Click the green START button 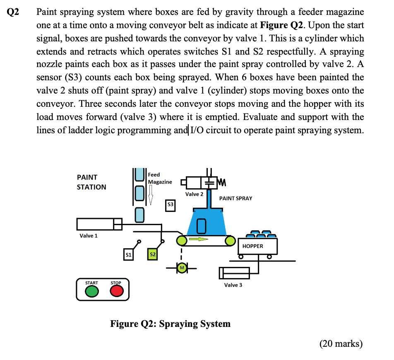click(91, 292)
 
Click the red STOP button click(117, 292)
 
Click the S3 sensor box click(170, 205)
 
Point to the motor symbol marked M click(181, 269)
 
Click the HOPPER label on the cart click(252, 246)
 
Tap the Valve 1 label click(89, 235)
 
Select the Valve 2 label click(194, 194)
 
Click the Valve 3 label click(233, 285)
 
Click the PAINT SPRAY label click(235, 198)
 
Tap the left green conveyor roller click(181, 240)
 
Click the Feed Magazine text click(160, 178)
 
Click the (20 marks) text click(341, 343)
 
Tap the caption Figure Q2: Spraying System click(170, 323)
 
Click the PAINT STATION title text click(91, 182)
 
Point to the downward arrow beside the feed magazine click(151, 194)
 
